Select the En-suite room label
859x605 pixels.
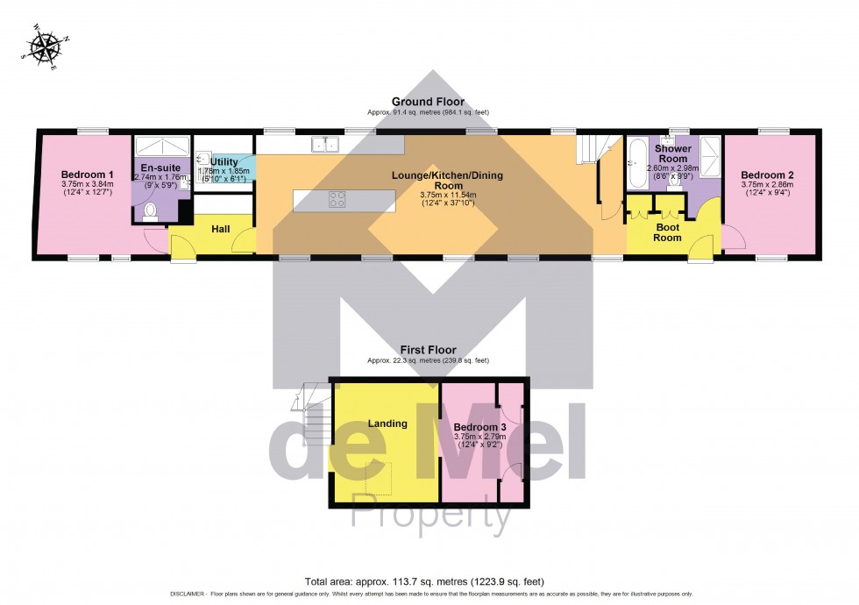tap(160, 166)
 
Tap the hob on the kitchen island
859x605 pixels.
tap(337, 199)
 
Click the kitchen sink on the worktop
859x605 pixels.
tap(326, 144)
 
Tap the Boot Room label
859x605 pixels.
tap(668, 231)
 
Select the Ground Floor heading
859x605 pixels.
tap(429, 102)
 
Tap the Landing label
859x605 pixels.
tap(387, 423)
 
